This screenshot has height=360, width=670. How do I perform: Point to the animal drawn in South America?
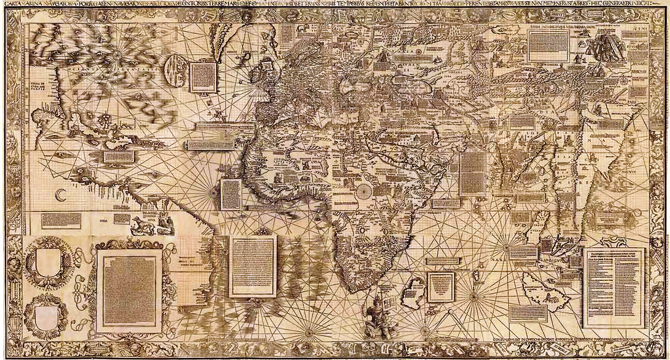(x=140, y=223)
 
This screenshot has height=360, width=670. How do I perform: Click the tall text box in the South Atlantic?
(x=252, y=266)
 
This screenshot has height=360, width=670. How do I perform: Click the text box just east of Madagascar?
(x=441, y=287)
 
